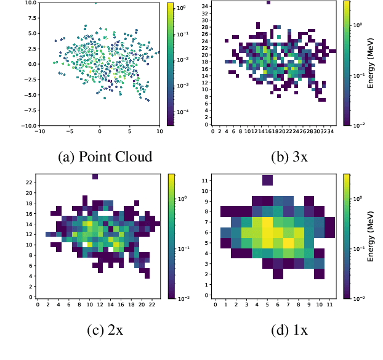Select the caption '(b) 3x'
(289, 156)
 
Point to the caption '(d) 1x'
(289, 329)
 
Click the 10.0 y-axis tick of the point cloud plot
(30, 3)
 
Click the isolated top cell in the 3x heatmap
(268, 3)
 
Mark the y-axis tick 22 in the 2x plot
(30, 183)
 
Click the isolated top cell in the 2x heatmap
(95, 177)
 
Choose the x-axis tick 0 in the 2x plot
(38, 304)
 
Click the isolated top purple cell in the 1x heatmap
(267, 180)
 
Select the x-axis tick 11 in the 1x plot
(330, 304)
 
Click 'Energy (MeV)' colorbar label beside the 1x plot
(371, 237)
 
